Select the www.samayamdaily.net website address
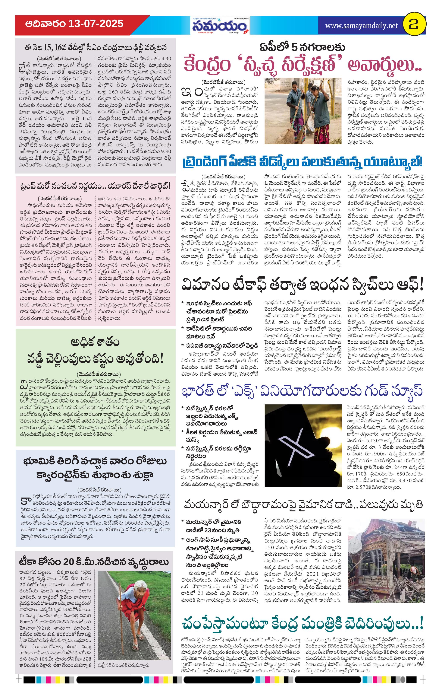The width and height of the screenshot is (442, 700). pyautogui.click(x=361, y=26)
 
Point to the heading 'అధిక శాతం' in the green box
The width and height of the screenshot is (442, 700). pyautogui.click(x=95, y=343)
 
